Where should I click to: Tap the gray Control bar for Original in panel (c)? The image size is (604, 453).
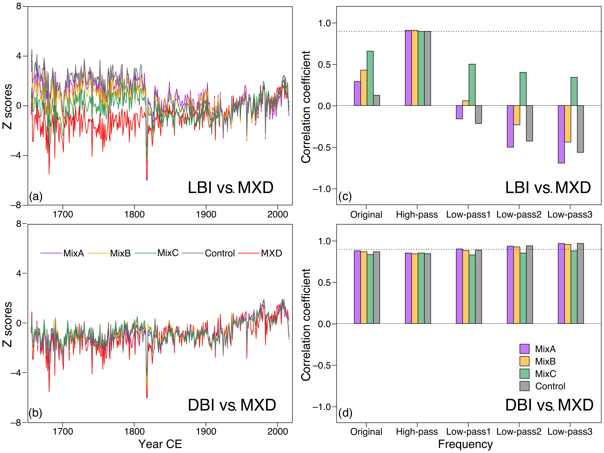[376, 100]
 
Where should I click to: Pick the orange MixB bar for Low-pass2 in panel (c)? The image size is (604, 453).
[517, 115]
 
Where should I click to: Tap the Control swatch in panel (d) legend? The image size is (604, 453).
[524, 386]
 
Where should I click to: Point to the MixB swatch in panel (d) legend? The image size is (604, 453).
[524, 361]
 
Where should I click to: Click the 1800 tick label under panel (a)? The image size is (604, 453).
[134, 214]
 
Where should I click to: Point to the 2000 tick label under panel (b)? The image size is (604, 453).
[277, 432]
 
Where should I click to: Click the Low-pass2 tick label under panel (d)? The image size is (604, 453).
[519, 432]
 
